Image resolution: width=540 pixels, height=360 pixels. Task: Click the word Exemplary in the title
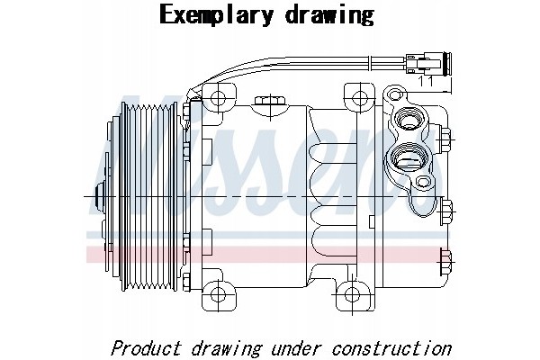pyautogui.click(x=217, y=15)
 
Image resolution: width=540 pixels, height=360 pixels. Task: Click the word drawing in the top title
pyautogui.click(x=329, y=15)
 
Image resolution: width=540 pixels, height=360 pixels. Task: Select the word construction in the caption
pyautogui.click(x=391, y=348)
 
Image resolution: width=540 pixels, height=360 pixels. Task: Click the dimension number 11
pyautogui.click(x=426, y=82)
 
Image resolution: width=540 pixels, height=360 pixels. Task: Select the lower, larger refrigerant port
pyautogui.click(x=409, y=158)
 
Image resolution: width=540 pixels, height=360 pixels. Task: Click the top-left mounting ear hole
pyautogui.click(x=218, y=98)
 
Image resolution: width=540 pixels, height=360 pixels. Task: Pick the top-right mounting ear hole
pyautogui.click(x=359, y=98)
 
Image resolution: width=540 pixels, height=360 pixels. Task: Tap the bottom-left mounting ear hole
pyautogui.click(x=218, y=295)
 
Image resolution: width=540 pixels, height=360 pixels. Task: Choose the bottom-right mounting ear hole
pyautogui.click(x=352, y=295)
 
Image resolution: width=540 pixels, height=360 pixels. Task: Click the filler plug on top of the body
pyautogui.click(x=270, y=102)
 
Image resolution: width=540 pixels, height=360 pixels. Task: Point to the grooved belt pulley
pyautogui.click(x=149, y=196)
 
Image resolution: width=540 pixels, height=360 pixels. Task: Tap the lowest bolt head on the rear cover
pyautogui.click(x=445, y=262)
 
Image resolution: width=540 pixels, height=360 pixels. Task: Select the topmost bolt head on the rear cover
pyautogui.click(x=445, y=139)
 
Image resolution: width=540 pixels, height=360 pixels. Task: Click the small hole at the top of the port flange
pyautogui.click(x=395, y=94)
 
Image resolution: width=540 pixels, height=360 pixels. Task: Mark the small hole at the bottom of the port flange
pyautogui.click(x=423, y=182)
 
